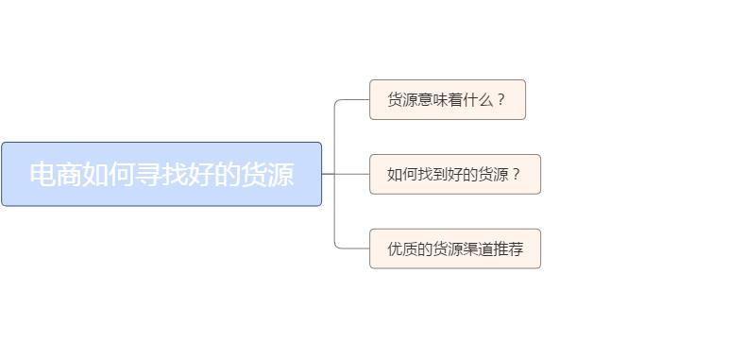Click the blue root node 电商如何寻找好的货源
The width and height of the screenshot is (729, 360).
161,174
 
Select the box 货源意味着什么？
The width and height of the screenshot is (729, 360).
447,99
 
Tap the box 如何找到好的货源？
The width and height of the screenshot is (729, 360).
454,174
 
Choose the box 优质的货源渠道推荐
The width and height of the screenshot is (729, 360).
454,249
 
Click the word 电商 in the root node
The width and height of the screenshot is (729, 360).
56,175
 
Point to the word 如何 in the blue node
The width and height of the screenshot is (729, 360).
109,175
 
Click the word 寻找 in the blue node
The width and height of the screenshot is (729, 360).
161,175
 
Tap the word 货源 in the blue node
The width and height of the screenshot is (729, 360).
267,175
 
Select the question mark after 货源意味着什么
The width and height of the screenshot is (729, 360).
500,99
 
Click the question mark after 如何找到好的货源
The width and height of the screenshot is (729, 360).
516,174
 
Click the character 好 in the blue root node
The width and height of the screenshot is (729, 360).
201,175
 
